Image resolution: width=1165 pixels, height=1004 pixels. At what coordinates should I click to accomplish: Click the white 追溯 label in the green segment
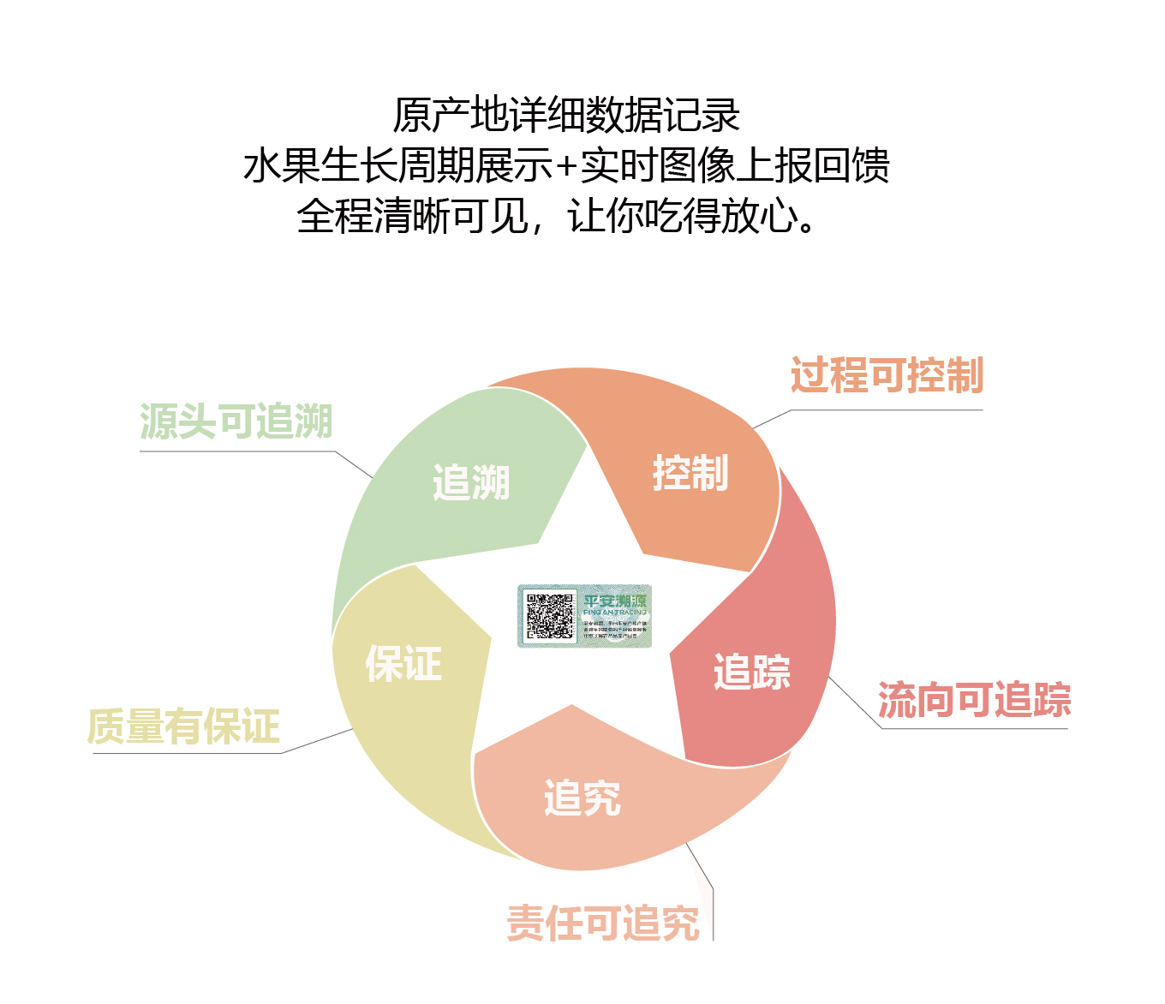471,482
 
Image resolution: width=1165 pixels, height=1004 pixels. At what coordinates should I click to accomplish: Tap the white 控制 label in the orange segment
690,473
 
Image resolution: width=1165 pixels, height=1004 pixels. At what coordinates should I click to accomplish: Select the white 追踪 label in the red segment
751,672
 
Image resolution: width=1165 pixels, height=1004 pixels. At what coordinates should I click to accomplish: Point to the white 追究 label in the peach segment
582,798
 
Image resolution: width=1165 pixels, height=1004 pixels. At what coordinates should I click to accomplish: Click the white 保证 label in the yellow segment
403,664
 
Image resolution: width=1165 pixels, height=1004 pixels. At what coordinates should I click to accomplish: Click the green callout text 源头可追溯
236,421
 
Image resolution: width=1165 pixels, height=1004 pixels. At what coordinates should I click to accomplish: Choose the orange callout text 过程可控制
887,375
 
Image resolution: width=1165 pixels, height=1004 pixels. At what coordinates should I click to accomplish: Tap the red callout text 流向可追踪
974,700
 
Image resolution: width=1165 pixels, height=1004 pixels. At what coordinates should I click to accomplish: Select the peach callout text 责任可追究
603,923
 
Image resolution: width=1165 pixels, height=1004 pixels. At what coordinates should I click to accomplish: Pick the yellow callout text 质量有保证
183,726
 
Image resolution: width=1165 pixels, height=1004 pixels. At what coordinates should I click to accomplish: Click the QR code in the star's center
549,616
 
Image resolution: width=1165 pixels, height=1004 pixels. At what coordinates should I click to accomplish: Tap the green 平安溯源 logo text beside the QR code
615,601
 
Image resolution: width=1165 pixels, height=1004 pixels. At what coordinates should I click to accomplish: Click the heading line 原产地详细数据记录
566,115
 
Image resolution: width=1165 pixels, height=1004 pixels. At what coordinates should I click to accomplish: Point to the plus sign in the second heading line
565,166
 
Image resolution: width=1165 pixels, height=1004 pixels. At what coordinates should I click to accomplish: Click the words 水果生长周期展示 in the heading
397,165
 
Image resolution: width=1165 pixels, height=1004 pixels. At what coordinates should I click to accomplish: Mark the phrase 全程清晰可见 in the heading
412,217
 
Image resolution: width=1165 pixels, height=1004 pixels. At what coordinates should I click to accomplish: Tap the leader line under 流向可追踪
974,728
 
